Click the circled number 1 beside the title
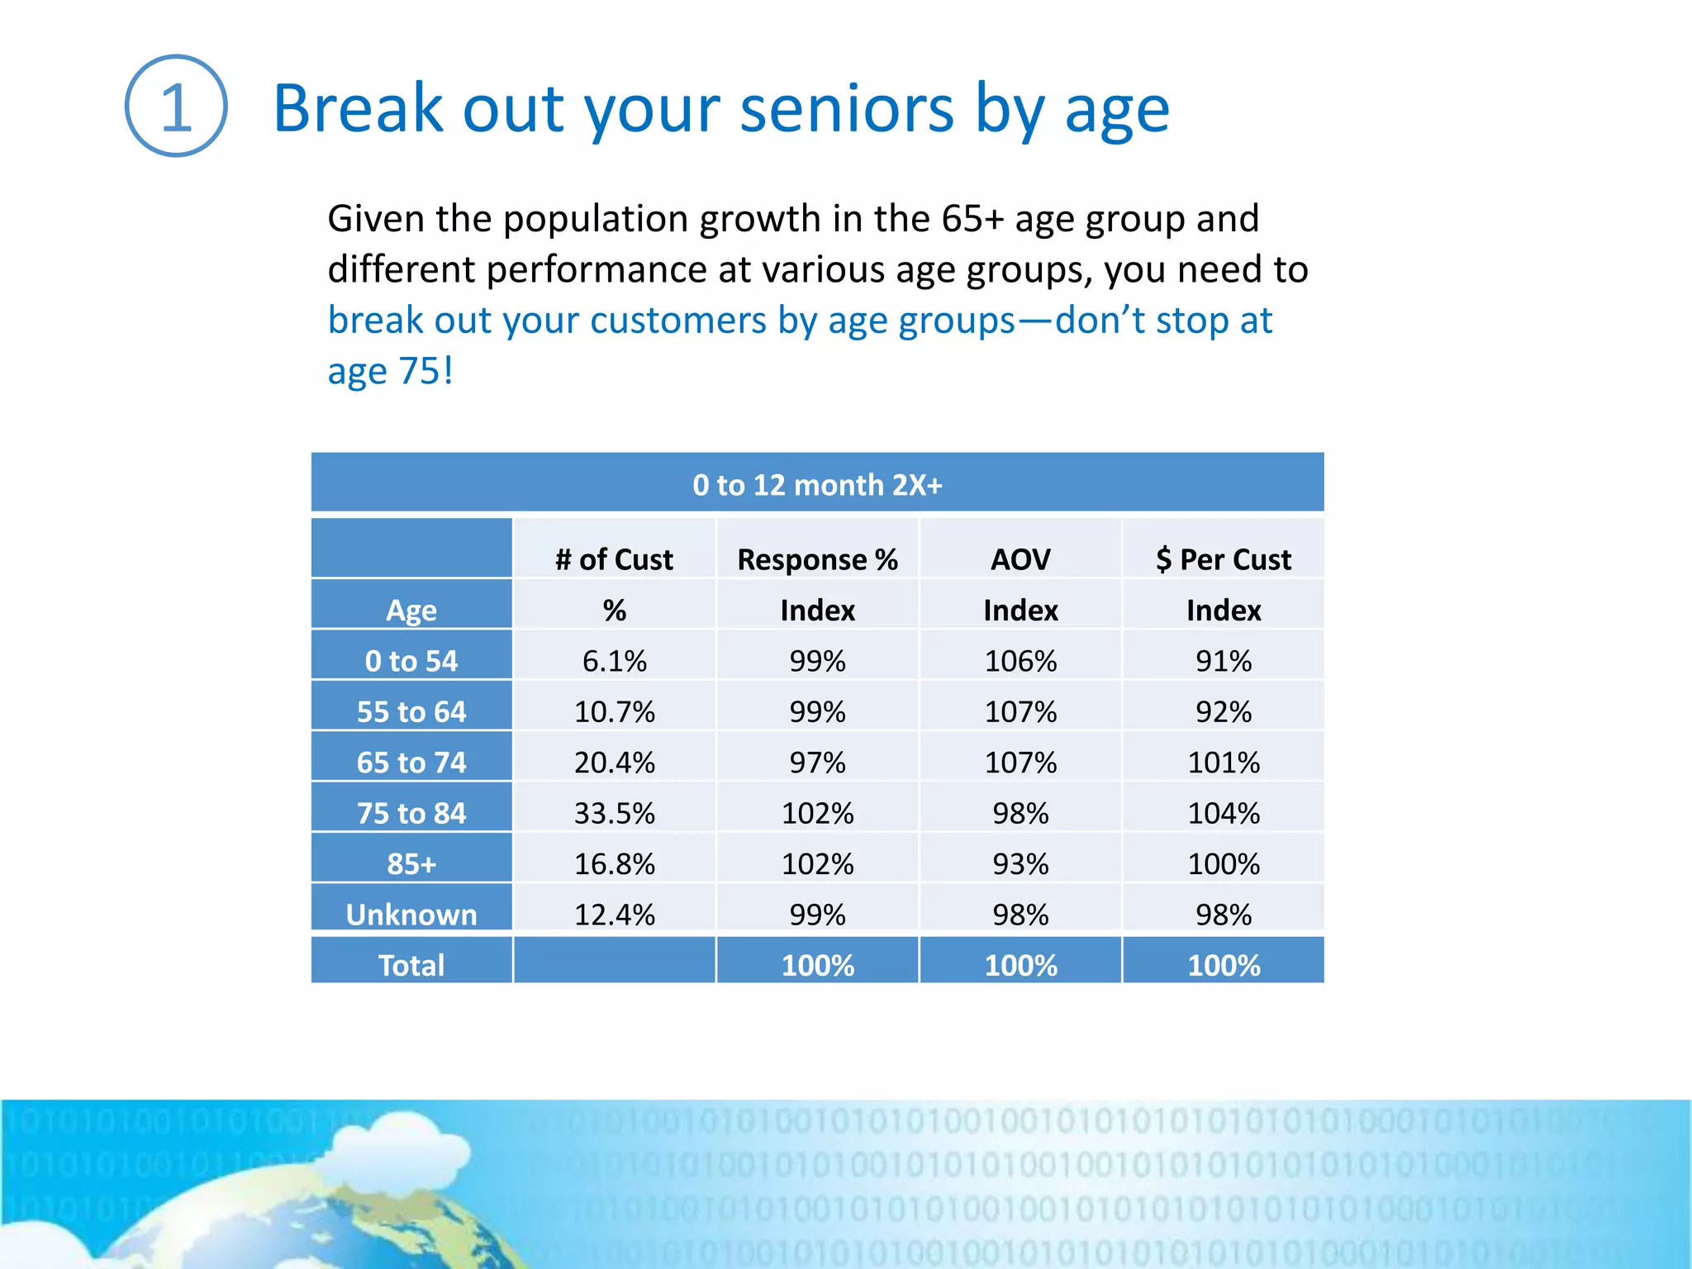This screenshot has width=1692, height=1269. click(176, 107)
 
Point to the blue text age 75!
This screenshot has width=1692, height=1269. click(390, 371)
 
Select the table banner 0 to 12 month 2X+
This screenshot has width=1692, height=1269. click(816, 484)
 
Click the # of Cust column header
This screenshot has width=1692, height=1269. click(614, 559)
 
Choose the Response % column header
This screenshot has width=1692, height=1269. click(817, 559)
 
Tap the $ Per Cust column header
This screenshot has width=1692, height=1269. click(1223, 559)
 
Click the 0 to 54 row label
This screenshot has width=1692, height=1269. click(411, 661)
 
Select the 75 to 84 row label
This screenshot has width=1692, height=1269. click(411, 813)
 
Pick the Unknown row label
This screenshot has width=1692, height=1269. click(411, 914)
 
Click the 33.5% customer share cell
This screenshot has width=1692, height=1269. click(614, 813)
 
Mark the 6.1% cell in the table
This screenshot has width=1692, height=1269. click(614, 661)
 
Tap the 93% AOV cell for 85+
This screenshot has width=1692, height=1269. click(1020, 864)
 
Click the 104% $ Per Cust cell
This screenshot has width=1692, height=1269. click(1223, 813)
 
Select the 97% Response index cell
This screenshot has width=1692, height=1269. click(817, 762)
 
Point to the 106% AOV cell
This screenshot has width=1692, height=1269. click(1020, 661)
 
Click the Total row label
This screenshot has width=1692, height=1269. click(411, 964)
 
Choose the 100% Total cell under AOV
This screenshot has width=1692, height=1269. click(1020, 964)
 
